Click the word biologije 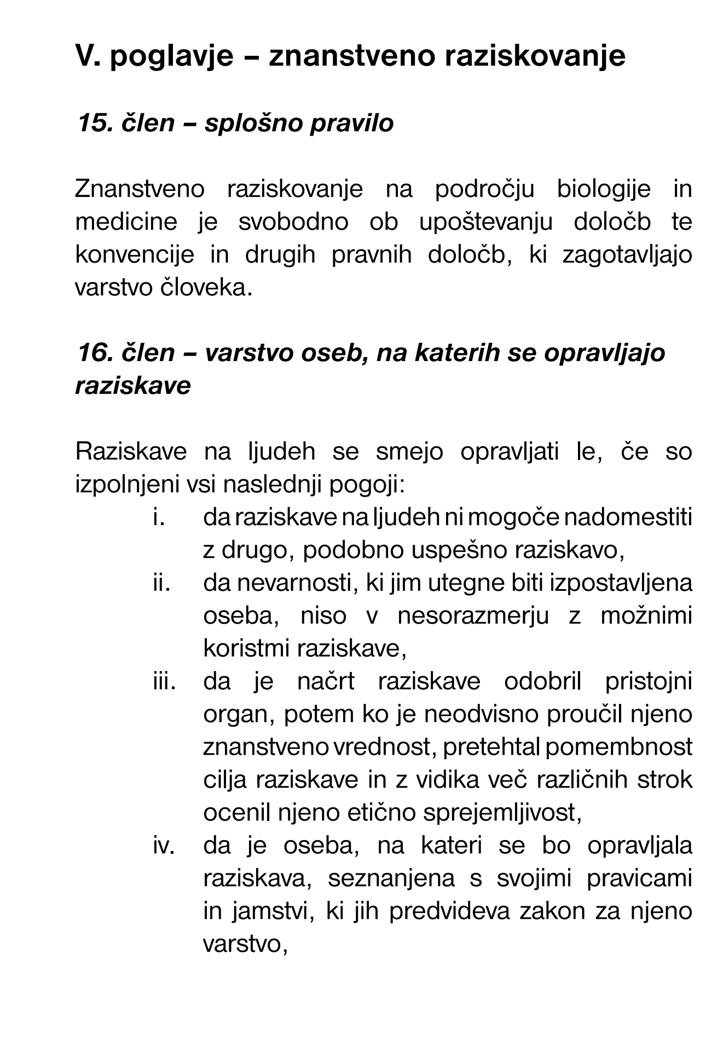604,190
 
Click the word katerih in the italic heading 458,353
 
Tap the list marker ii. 161,583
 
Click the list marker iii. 164,682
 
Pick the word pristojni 649,682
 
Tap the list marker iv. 163,846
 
